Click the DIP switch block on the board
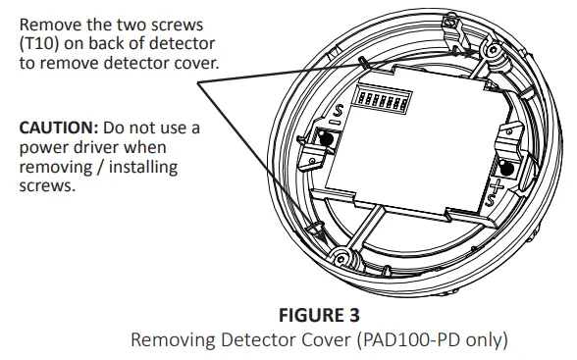[x=385, y=101]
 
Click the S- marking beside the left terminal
[x=337, y=114]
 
